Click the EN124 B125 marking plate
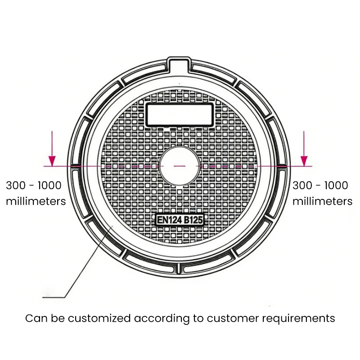pyautogui.click(x=180, y=220)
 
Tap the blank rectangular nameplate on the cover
pyautogui.click(x=179, y=114)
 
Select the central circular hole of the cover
pyautogui.click(x=179, y=166)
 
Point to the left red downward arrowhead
pyautogui.click(x=53, y=161)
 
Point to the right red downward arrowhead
pyautogui.click(x=304, y=161)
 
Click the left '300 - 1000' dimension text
pyautogui.click(x=34, y=185)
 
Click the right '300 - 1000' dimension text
pyautogui.click(x=320, y=185)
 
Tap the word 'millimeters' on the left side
pyautogui.click(x=36, y=201)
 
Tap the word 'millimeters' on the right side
pyautogui.click(x=323, y=201)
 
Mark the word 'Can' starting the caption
pyautogui.click(x=34, y=319)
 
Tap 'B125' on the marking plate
pyautogui.click(x=193, y=220)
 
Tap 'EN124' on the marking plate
pyautogui.click(x=168, y=220)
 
